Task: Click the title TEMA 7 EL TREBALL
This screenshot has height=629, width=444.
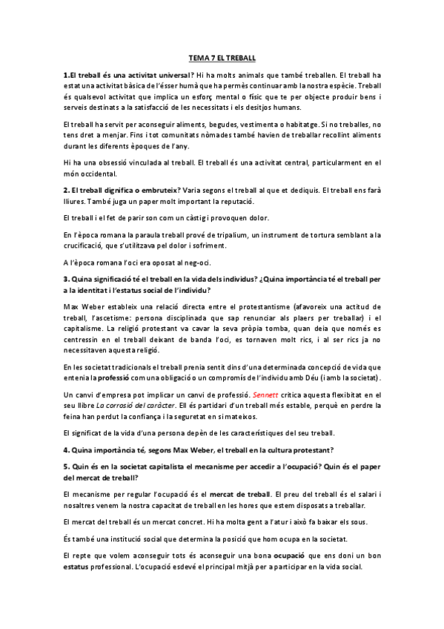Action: click(222, 59)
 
